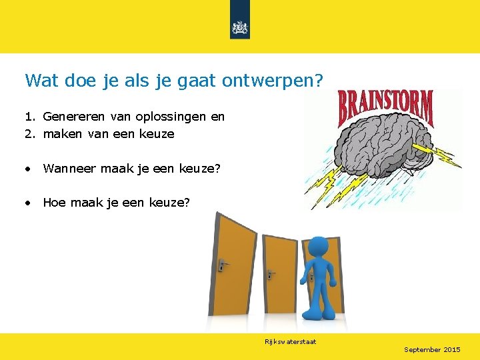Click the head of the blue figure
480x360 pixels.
click(x=318, y=248)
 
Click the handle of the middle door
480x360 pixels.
click(x=270, y=273)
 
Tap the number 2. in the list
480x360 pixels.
click(x=30, y=134)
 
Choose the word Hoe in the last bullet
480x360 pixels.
click(x=55, y=202)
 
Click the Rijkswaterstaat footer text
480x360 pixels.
click(x=290, y=342)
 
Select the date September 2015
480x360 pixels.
click(x=432, y=349)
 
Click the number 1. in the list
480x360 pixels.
click(x=30, y=117)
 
